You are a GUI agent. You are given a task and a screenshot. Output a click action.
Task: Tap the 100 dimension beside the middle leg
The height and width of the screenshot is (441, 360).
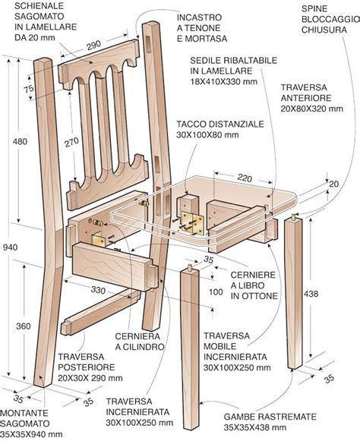coord(217,292)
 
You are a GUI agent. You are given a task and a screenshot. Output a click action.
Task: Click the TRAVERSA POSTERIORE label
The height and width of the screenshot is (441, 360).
coord(84,367)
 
